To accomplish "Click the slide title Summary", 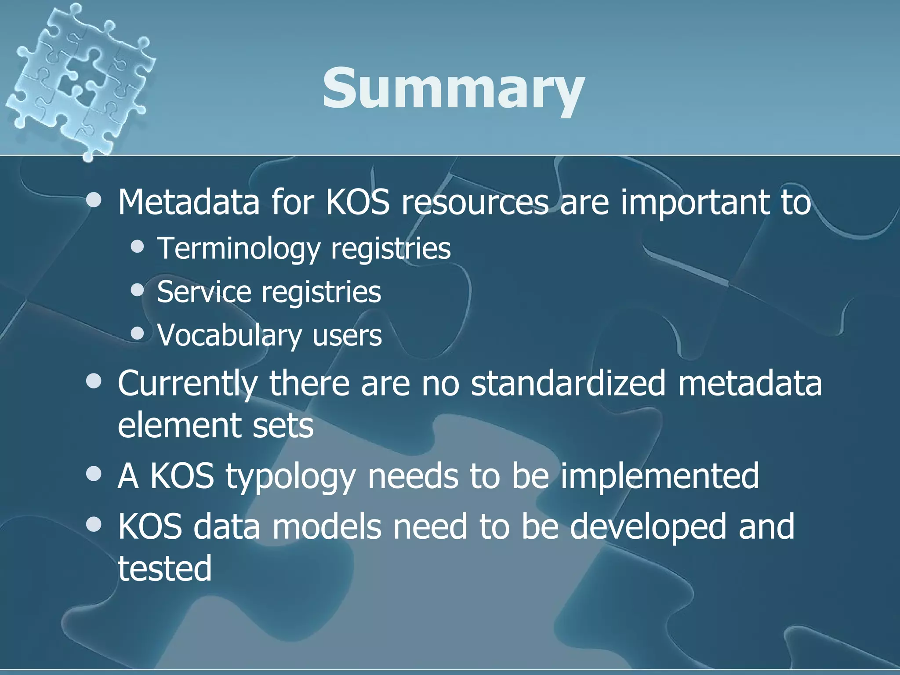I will click(x=453, y=89).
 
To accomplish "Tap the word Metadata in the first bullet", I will click(x=189, y=203).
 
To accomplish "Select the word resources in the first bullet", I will click(x=475, y=203).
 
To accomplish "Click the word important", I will click(x=694, y=203).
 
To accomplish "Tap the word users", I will click(x=347, y=336).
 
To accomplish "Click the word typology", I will click(x=290, y=476).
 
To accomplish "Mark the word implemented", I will click(x=659, y=476).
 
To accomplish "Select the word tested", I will click(x=165, y=568).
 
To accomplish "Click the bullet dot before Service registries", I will click(x=138, y=290).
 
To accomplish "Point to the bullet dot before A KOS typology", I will click(x=94, y=474).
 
